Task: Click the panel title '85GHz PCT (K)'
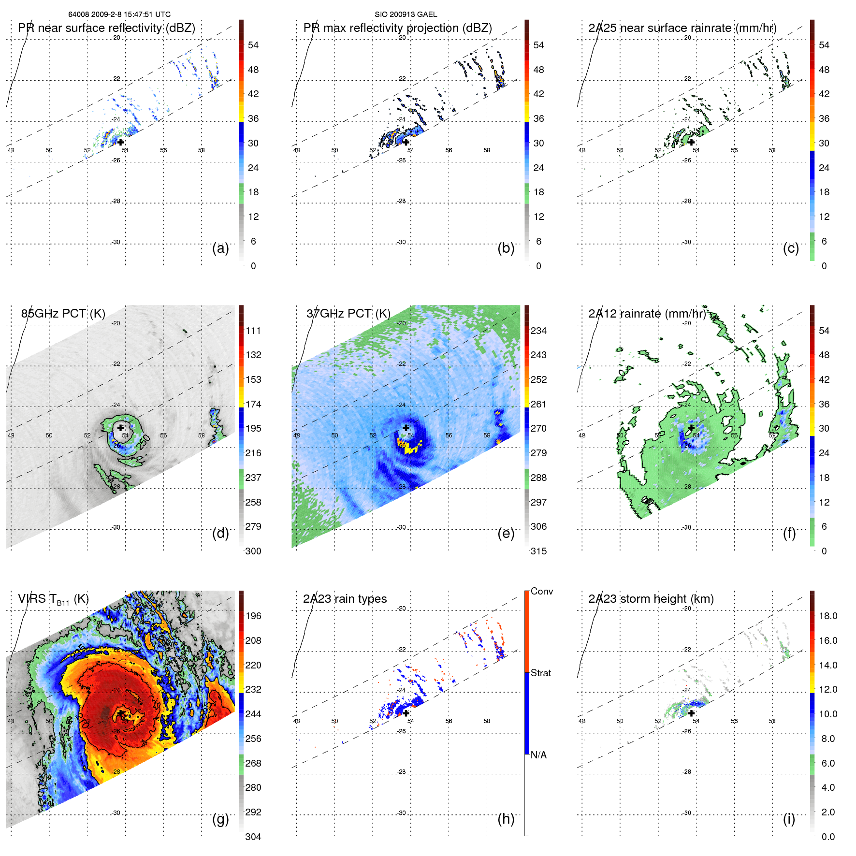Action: point(63,314)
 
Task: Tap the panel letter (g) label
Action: point(220,819)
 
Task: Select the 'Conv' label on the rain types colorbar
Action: point(541,592)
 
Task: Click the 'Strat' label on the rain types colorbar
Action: point(540,673)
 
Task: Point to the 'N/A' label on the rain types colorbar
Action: point(538,755)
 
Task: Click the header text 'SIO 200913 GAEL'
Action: point(406,15)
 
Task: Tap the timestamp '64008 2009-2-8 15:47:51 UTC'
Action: point(119,15)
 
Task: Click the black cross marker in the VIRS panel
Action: point(120,713)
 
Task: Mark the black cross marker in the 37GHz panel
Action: point(406,428)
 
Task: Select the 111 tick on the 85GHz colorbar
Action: point(253,331)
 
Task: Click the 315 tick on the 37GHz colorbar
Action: point(538,551)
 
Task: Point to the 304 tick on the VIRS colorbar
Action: point(253,837)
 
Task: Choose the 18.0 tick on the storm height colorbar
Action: point(828,616)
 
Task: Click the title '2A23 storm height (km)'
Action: point(651,599)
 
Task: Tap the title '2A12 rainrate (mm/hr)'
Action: point(647,314)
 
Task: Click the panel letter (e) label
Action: point(506,533)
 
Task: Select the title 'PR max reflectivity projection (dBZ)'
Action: point(397,28)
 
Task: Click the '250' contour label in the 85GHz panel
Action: point(144,442)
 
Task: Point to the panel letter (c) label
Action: point(791,248)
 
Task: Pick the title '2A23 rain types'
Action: point(345,599)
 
